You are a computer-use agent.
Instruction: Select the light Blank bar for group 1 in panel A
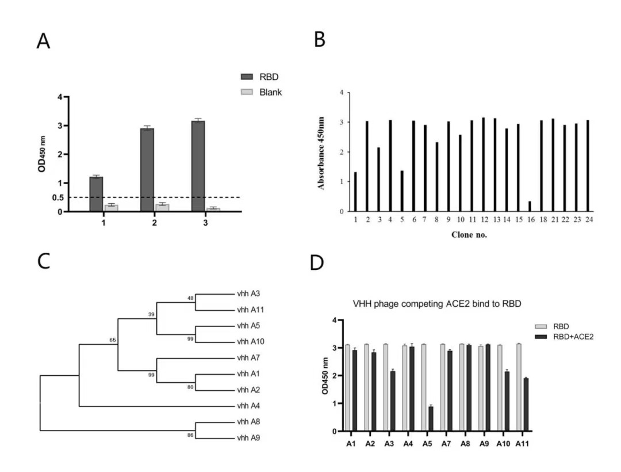[111, 208]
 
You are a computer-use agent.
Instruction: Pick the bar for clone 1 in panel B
[355, 192]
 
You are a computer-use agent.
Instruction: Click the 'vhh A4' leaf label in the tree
[248, 406]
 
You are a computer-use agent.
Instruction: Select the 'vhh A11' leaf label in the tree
[250, 310]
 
